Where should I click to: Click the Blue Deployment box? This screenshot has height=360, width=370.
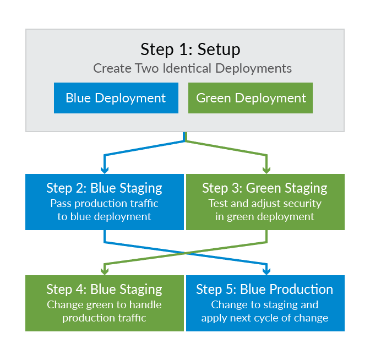(116, 98)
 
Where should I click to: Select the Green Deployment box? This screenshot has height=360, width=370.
(251, 98)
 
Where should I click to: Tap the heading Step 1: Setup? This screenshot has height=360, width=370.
(190, 49)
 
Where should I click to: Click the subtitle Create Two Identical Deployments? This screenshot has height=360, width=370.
(192, 69)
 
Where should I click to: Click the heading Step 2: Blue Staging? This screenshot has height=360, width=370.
(104, 188)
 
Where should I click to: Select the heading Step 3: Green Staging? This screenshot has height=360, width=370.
(265, 188)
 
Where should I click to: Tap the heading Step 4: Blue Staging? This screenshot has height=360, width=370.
(104, 290)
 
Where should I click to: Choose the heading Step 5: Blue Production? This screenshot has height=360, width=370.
(265, 290)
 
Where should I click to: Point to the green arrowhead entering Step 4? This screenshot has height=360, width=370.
(105, 271)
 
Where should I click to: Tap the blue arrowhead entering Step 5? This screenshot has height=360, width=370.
(267, 271)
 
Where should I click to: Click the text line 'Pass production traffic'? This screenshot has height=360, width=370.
(104, 204)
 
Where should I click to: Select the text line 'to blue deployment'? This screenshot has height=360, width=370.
(104, 216)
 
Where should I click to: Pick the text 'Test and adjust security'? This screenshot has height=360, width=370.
(265, 204)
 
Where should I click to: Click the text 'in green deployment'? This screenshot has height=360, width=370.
(265, 216)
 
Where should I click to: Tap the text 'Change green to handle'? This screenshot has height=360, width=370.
(104, 305)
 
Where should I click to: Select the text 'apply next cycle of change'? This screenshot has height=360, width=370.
(265, 318)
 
